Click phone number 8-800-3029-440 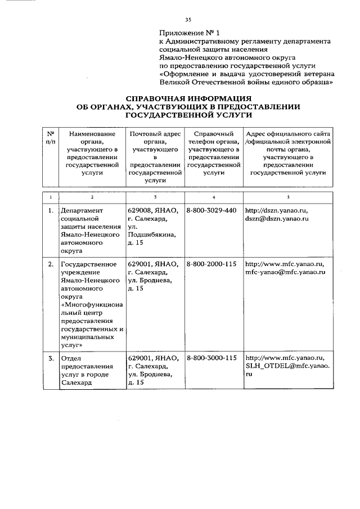pos(211,210)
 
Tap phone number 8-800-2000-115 pos(211,263)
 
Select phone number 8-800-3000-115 pos(211,357)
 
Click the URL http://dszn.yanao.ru pos(277,210)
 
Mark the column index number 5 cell pos(288,196)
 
